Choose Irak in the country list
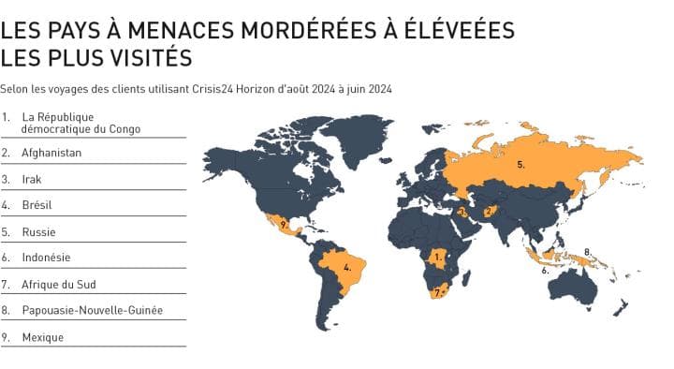(32, 178)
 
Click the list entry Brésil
(37, 204)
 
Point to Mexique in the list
(42, 336)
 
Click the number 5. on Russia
(520, 165)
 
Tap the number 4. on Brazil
(347, 267)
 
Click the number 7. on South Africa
(435, 293)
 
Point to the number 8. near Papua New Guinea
(586, 251)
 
